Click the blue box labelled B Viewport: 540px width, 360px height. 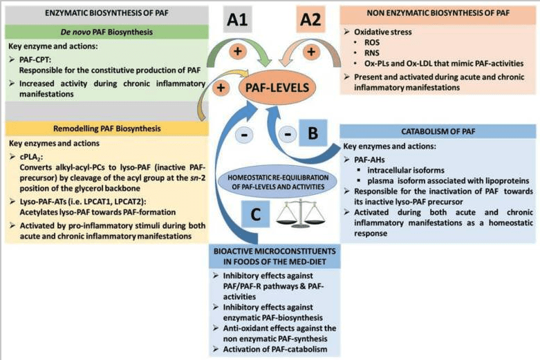(312, 131)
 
